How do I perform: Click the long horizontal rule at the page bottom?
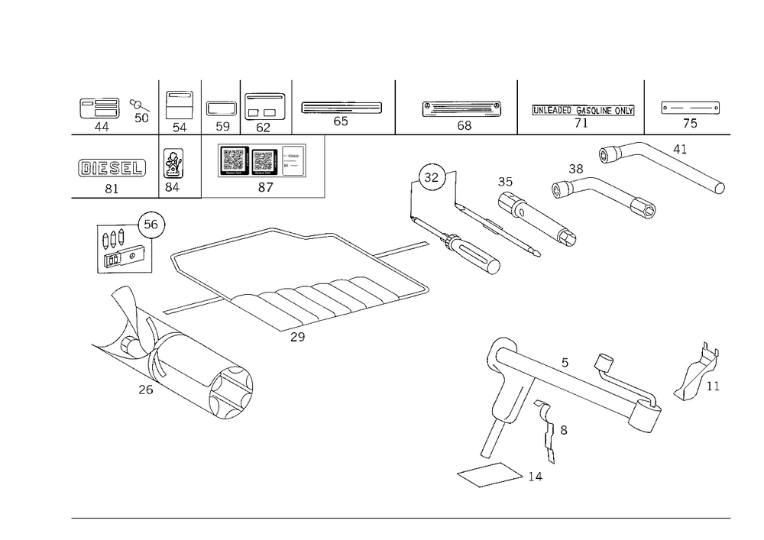400,517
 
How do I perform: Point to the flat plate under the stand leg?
489,475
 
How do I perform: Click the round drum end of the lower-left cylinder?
231,390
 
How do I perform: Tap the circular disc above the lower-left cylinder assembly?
153,223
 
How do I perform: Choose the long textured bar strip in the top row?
582,111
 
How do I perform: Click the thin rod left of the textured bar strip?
462,109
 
